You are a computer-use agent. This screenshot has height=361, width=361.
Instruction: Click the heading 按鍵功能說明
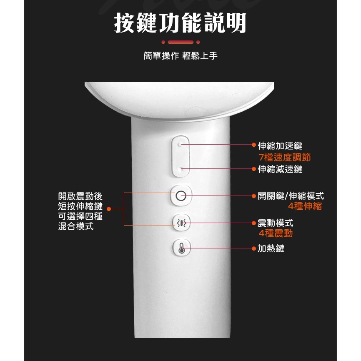180,23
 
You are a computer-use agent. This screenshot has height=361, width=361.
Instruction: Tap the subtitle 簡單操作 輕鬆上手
180,55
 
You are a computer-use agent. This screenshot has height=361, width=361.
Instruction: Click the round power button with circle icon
180,196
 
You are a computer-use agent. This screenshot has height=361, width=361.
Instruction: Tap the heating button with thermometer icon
180,249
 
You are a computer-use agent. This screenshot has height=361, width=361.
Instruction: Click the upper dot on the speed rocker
180,145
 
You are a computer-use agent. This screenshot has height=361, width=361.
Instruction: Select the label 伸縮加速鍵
280,145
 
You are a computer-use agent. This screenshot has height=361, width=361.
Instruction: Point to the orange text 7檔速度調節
285,158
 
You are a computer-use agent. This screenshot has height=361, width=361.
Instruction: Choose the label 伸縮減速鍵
280,169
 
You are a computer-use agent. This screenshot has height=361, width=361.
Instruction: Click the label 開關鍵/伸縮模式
291,196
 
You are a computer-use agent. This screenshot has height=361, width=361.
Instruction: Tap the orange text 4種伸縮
305,207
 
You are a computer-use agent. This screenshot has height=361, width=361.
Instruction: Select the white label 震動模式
275,223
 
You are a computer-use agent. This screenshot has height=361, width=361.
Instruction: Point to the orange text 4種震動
276,233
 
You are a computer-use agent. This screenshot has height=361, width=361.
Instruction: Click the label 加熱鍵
271,248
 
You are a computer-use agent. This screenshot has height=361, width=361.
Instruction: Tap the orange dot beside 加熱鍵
253,249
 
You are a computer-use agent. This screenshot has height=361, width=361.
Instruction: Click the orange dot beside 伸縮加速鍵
253,145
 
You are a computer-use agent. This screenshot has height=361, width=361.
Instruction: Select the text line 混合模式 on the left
75,226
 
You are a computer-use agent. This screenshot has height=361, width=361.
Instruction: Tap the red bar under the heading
180,42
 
